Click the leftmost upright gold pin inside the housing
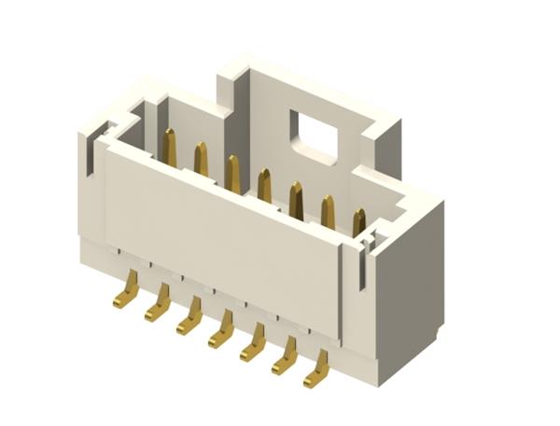click(x=169, y=148)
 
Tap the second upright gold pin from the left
click(x=201, y=160)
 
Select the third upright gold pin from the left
click(x=232, y=174)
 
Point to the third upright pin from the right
click(x=296, y=200)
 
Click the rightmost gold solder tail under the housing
click(x=317, y=371)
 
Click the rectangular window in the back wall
click(x=314, y=133)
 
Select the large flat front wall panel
click(x=219, y=234)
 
